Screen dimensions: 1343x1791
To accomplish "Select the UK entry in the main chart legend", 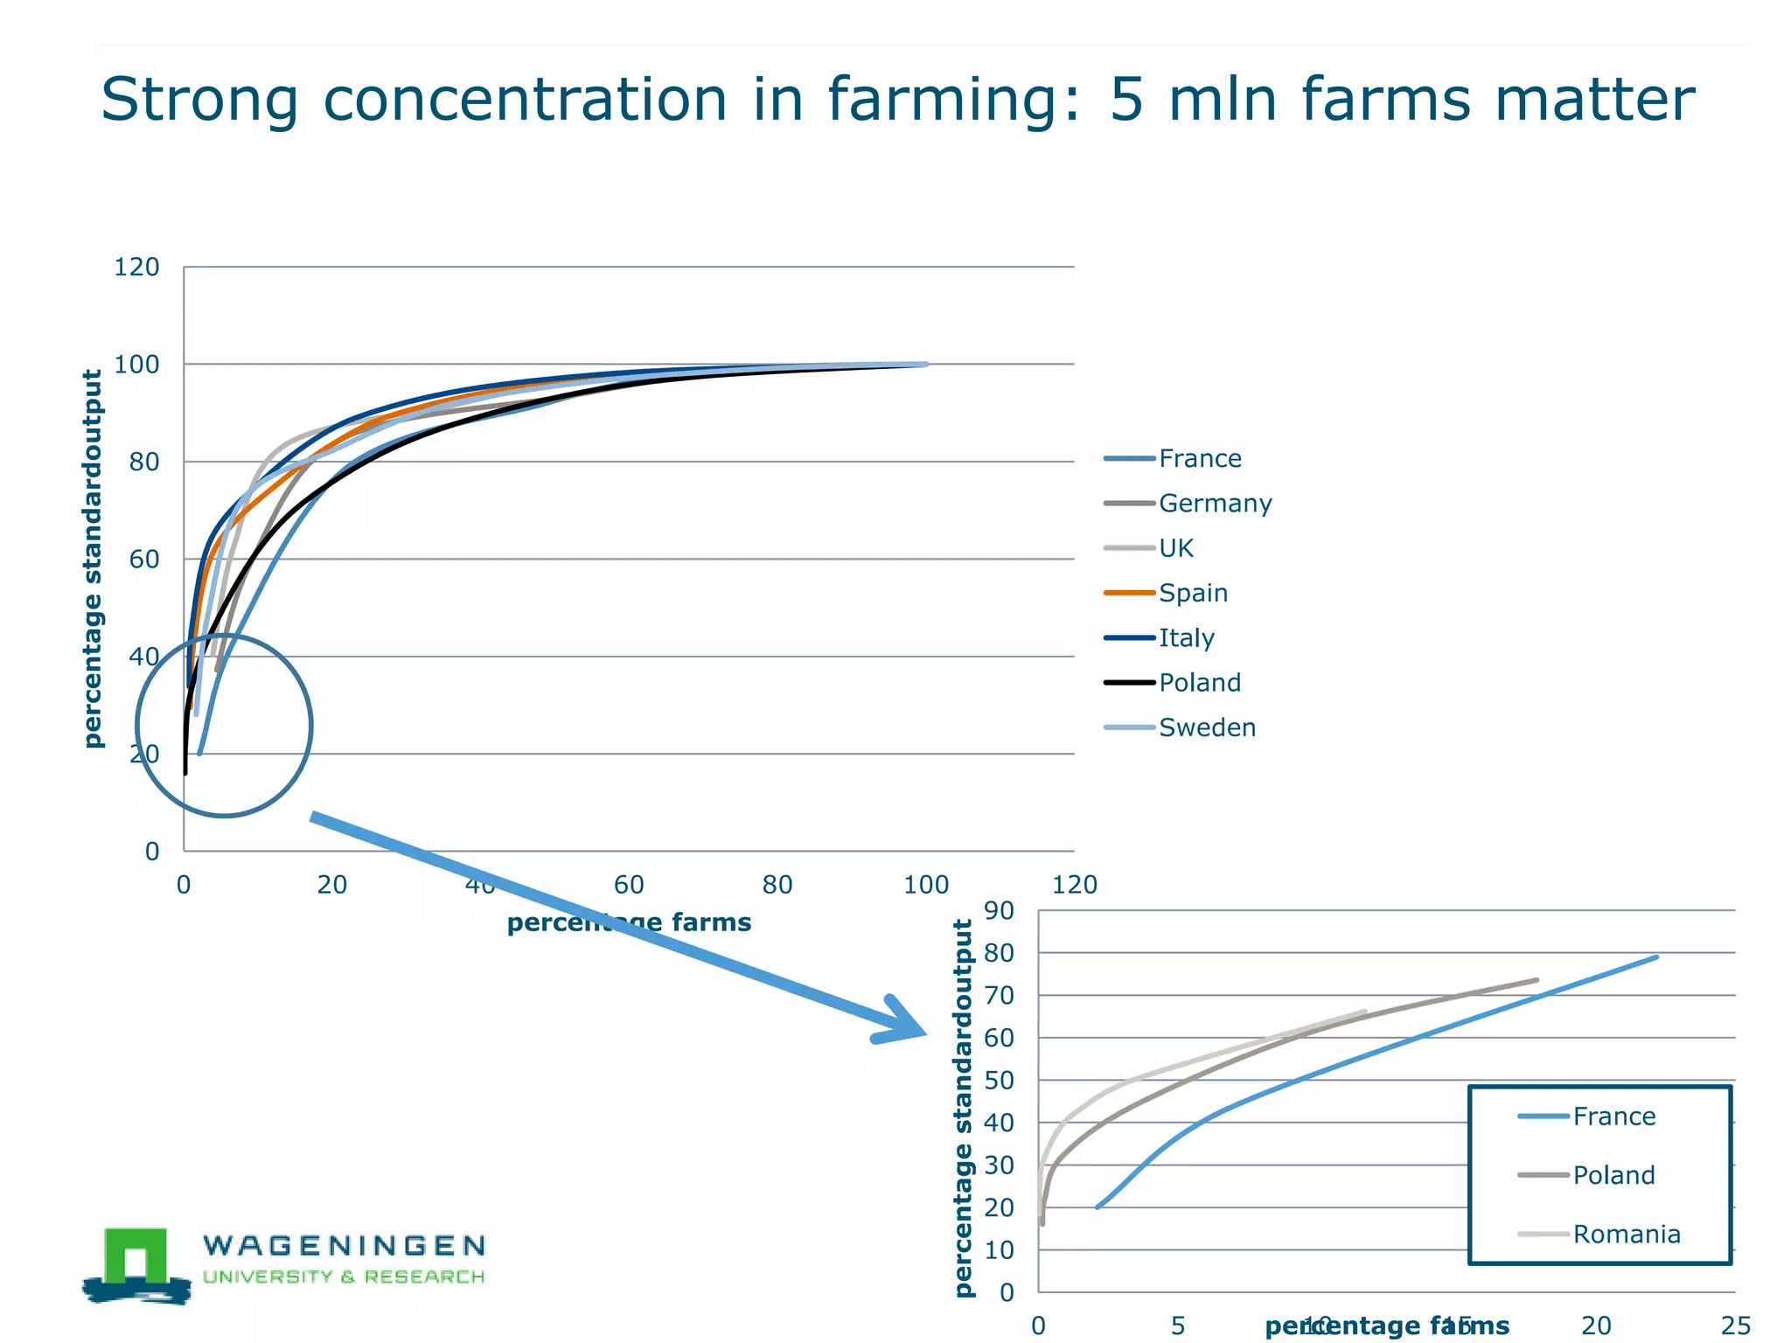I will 1175,548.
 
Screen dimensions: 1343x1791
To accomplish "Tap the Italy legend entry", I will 1186,638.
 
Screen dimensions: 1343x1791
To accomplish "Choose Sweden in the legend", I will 1207,727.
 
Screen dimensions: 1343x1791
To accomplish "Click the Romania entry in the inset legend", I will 1626,1234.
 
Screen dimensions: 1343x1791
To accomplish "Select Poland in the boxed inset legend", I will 1613,1175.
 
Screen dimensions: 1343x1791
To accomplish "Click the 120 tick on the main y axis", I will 136,267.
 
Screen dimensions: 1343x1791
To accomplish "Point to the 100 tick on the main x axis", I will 926,885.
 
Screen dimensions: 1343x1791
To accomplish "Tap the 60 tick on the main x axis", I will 629,885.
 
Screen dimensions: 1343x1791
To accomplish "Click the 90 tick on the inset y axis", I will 999,911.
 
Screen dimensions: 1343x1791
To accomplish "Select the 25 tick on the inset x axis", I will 1736,1326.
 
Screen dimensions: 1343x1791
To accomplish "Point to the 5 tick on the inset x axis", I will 1178,1326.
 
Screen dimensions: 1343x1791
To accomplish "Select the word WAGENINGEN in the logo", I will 344,1245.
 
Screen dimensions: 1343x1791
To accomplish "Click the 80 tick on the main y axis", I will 144,462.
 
